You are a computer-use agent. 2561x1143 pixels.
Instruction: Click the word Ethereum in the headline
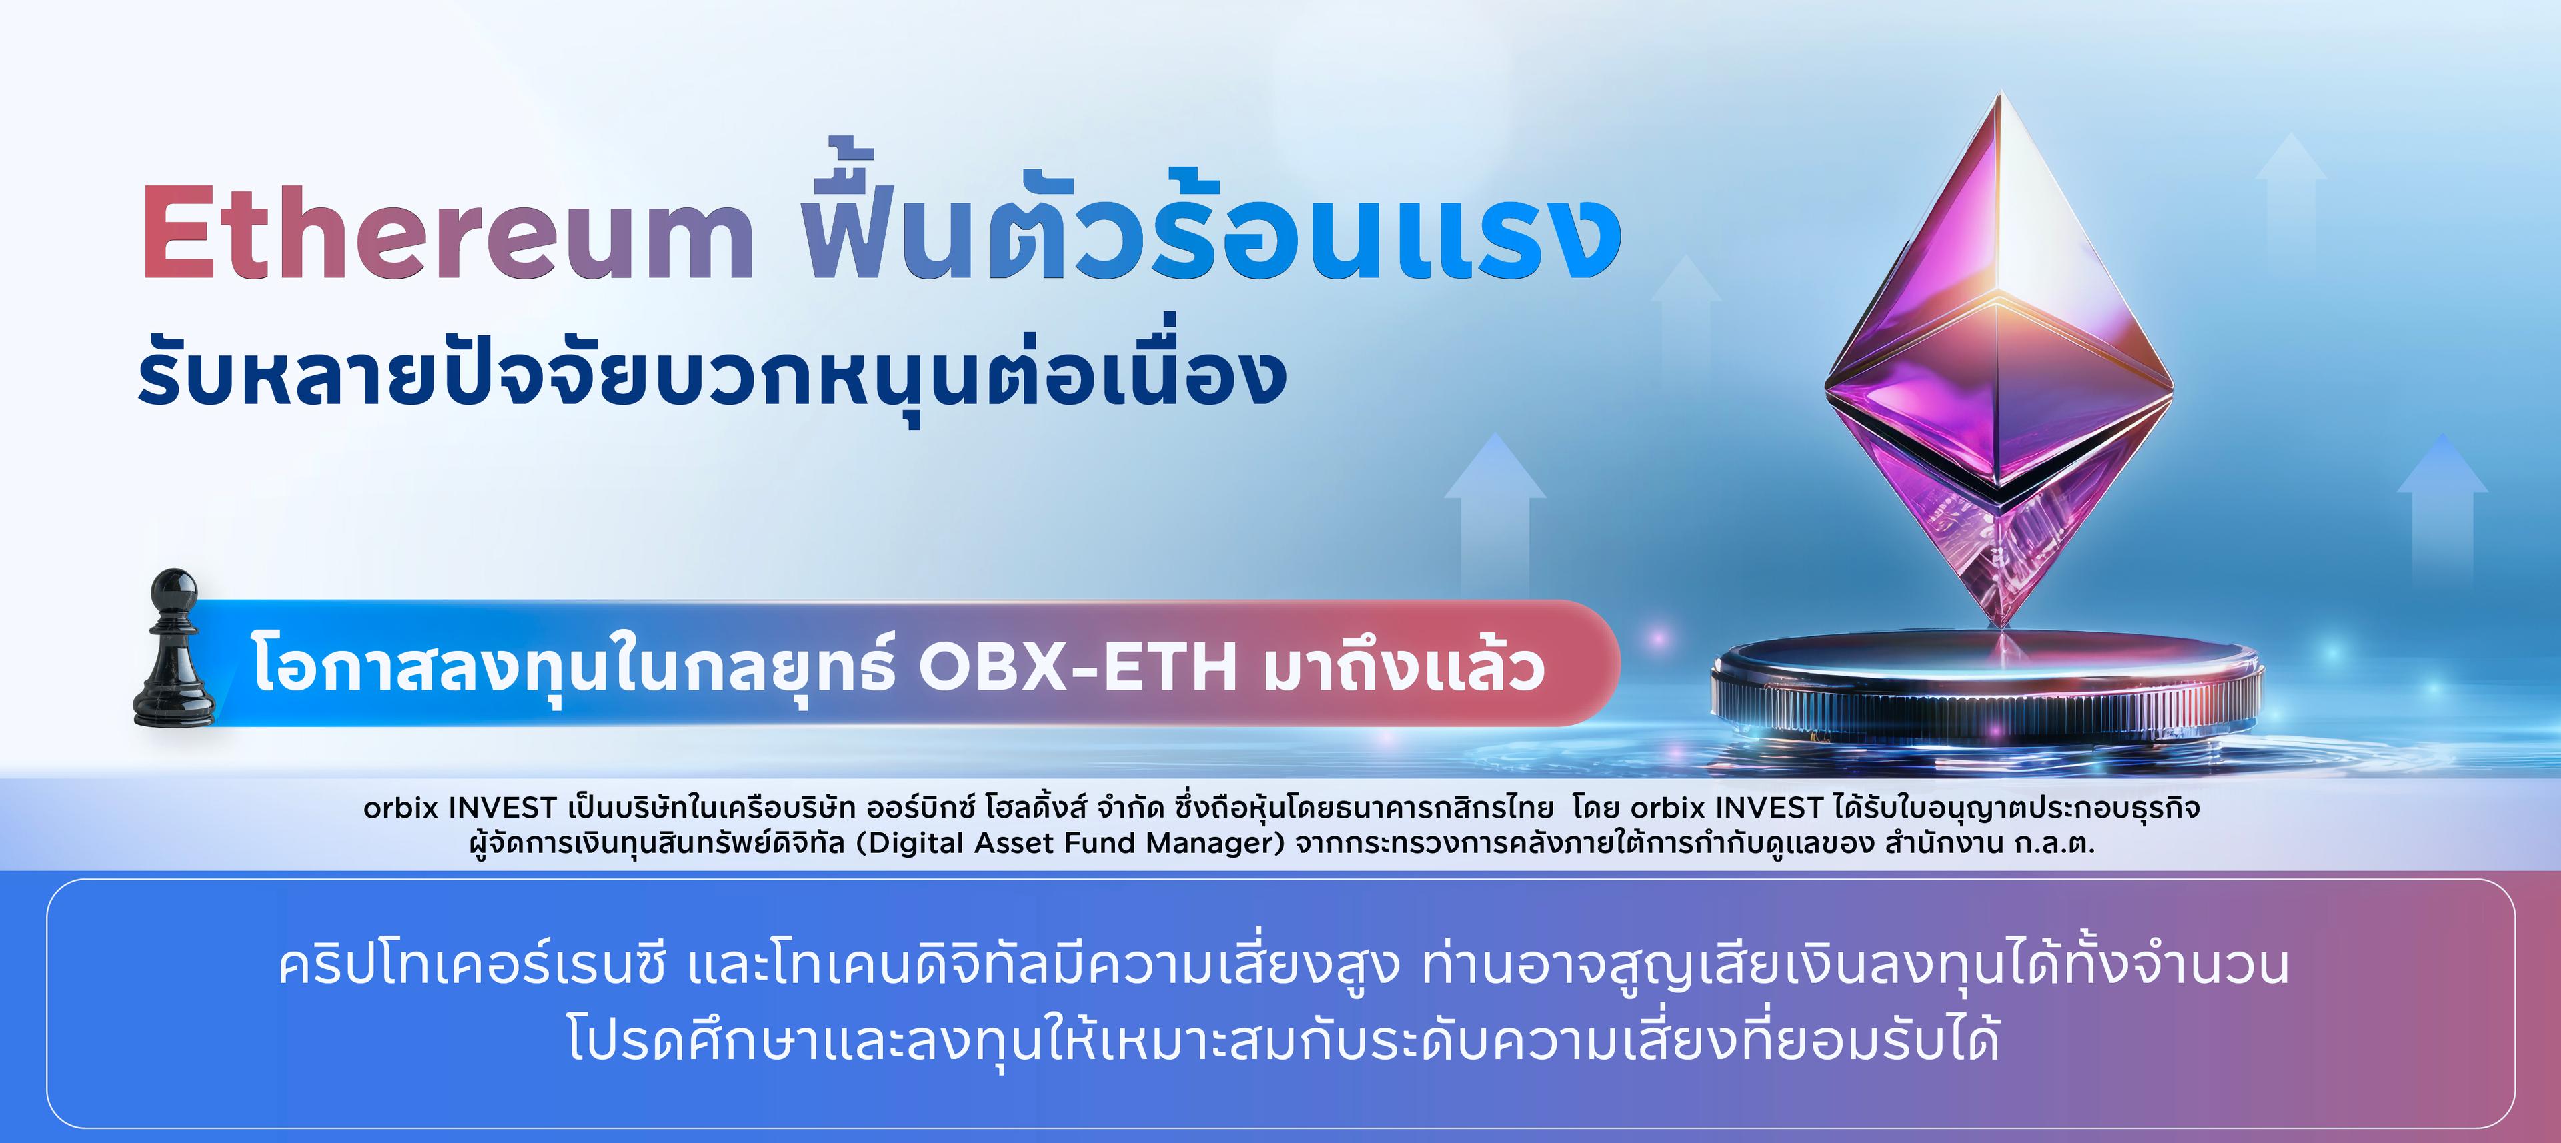pos(448,233)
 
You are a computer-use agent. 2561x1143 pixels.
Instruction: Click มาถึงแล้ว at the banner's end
pos(1404,664)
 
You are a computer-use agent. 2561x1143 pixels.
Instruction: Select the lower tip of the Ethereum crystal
pos(2002,626)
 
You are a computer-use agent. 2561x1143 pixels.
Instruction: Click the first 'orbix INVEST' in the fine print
pos(460,807)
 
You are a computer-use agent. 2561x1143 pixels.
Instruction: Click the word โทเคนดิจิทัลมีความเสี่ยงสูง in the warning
pos(1086,964)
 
